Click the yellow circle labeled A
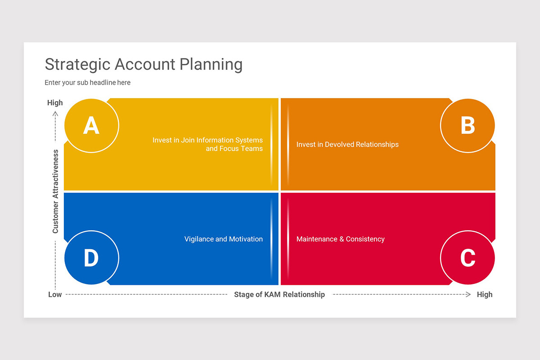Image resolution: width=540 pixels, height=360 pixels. coord(91,126)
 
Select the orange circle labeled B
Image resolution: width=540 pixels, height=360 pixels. coord(468,126)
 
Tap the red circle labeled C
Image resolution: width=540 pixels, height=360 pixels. coord(468,258)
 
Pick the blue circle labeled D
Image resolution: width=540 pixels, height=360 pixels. coord(91,258)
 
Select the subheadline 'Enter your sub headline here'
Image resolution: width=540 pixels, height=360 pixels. coord(87,83)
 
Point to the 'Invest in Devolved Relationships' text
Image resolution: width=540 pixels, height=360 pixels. coord(347,144)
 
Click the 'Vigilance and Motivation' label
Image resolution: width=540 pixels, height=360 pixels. coord(223,239)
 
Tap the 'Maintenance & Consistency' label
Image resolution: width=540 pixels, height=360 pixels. coord(340,239)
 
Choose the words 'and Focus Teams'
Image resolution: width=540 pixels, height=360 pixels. coord(234,148)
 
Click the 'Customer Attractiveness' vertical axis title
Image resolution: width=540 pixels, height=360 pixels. coord(55,191)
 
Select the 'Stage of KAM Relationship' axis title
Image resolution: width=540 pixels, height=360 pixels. coord(279,295)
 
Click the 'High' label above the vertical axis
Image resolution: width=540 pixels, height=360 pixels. coord(55,103)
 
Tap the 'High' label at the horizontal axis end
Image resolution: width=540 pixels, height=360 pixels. coord(485,295)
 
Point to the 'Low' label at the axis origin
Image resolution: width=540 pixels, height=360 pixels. coord(55,295)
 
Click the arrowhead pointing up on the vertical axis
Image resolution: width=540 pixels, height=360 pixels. coord(55,113)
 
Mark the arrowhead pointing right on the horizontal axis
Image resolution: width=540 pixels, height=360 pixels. coord(468,294)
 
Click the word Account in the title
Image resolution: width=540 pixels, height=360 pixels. coord(145,64)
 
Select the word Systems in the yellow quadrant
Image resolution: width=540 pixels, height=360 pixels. coord(249,140)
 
